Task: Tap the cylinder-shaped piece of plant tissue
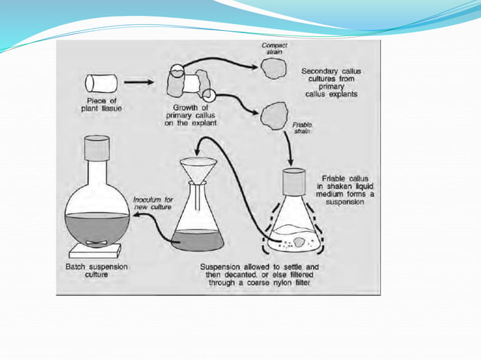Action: (x=100, y=83)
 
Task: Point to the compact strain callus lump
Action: (x=273, y=69)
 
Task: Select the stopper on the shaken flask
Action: (x=293, y=182)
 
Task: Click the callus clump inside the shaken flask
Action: (x=299, y=242)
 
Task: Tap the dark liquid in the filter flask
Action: (x=198, y=240)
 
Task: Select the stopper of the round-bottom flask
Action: (x=98, y=151)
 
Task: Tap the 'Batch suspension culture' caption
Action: (x=96, y=271)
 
